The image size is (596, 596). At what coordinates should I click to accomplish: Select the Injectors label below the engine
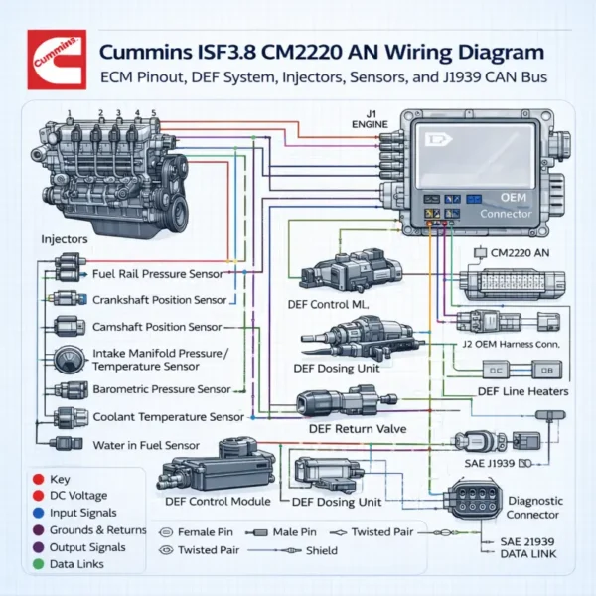point(66,239)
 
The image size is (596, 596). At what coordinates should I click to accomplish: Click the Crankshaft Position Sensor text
point(159,299)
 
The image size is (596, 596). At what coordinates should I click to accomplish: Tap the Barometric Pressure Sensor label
point(161,389)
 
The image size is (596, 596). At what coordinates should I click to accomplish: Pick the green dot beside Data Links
point(37,564)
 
